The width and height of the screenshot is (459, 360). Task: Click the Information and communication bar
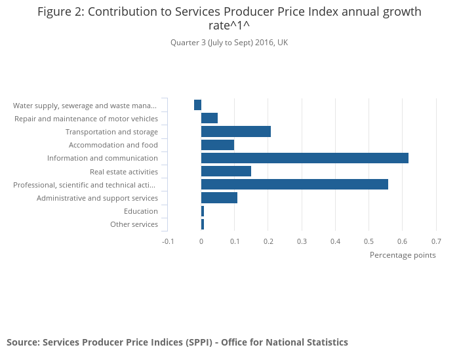(304, 158)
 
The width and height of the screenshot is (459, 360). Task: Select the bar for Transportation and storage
(235, 132)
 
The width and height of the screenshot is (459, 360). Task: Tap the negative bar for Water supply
(197, 105)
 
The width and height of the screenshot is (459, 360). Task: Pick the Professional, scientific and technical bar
(294, 184)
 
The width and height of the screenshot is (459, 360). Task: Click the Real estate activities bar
(226, 171)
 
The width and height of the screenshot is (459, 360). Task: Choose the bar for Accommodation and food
(217, 145)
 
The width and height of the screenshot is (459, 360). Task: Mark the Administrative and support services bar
(219, 197)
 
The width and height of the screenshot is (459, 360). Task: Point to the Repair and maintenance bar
(209, 118)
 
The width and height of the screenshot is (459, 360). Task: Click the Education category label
(141, 211)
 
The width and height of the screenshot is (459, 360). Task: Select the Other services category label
(134, 224)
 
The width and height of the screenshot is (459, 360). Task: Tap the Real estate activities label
(124, 172)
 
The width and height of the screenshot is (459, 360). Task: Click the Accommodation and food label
(113, 145)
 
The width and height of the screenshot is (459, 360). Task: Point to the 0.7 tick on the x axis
(436, 241)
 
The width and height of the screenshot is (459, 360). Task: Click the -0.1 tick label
(168, 241)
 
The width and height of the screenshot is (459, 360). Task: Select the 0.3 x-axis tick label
(302, 241)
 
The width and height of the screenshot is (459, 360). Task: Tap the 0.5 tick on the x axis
(369, 241)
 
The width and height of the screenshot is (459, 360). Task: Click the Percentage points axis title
(403, 255)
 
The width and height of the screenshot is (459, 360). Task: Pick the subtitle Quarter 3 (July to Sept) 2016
(229, 43)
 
